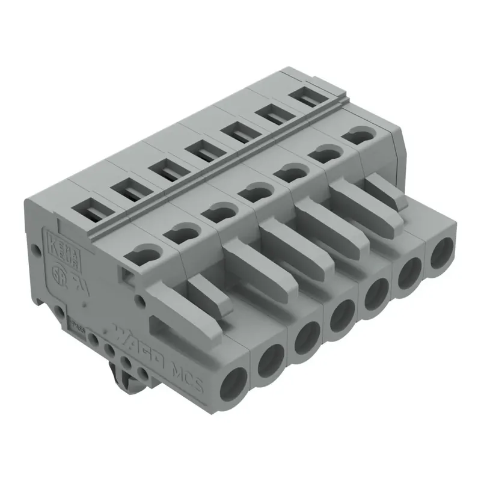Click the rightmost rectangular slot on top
tap(305, 94)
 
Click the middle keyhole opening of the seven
tap(250, 192)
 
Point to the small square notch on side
tap(127, 275)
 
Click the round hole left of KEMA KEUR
tap(35, 247)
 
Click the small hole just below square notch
tap(140, 299)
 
